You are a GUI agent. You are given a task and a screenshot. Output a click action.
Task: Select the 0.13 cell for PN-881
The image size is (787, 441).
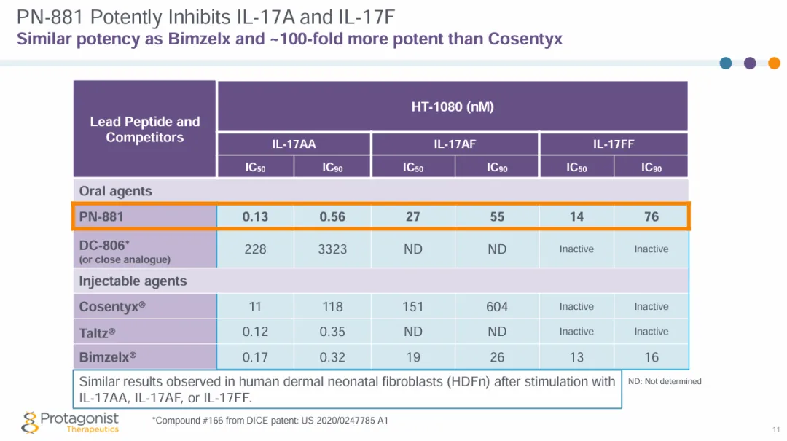pyautogui.click(x=255, y=216)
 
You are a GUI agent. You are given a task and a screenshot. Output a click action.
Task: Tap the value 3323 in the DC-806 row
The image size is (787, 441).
pyautogui.click(x=332, y=249)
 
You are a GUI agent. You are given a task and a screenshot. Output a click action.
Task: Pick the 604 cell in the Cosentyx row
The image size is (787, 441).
pyautogui.click(x=497, y=307)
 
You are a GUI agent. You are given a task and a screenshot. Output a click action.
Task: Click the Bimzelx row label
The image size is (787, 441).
pyautogui.click(x=108, y=357)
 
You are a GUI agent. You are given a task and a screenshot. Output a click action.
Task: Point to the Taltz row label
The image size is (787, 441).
pyautogui.click(x=98, y=332)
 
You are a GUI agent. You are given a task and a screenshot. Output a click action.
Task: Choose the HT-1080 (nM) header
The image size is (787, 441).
pyautogui.click(x=453, y=106)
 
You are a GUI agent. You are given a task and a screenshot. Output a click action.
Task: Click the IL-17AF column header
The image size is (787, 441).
pyautogui.click(x=455, y=144)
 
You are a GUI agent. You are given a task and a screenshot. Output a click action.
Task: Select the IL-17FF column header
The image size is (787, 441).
pyautogui.click(x=614, y=144)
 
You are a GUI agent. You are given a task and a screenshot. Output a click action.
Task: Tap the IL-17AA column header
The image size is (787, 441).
pyautogui.click(x=294, y=144)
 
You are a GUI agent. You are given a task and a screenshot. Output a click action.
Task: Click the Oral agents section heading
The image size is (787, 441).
pyautogui.click(x=116, y=191)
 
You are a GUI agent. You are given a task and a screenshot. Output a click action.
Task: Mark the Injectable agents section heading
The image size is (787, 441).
pyautogui.click(x=133, y=281)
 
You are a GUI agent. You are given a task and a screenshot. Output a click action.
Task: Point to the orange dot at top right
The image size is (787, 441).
pyautogui.click(x=774, y=63)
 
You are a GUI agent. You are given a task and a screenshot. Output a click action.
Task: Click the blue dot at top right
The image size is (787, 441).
pyautogui.click(x=726, y=63)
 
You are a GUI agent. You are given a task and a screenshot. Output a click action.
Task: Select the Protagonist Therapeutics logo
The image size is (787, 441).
pyautogui.click(x=71, y=422)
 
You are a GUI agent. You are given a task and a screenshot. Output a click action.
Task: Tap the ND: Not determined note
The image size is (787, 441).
pyautogui.click(x=665, y=381)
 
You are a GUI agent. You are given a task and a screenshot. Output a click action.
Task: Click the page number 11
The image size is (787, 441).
pyautogui.click(x=775, y=429)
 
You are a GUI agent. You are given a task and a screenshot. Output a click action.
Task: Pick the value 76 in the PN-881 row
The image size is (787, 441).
pyautogui.click(x=651, y=216)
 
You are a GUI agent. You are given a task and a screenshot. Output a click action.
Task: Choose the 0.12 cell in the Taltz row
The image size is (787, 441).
pyautogui.click(x=255, y=332)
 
